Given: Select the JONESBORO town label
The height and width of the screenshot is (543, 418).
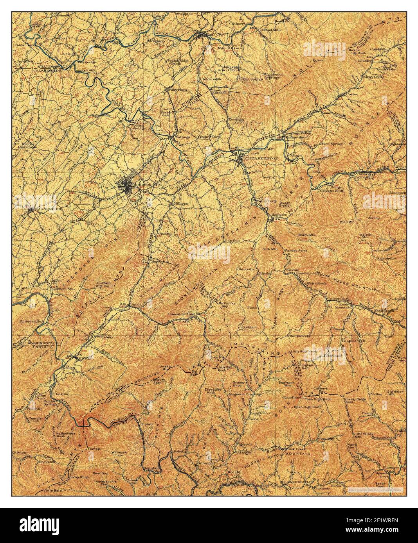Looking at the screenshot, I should point(45,209).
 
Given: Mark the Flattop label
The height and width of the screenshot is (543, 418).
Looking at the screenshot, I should point(94,449).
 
